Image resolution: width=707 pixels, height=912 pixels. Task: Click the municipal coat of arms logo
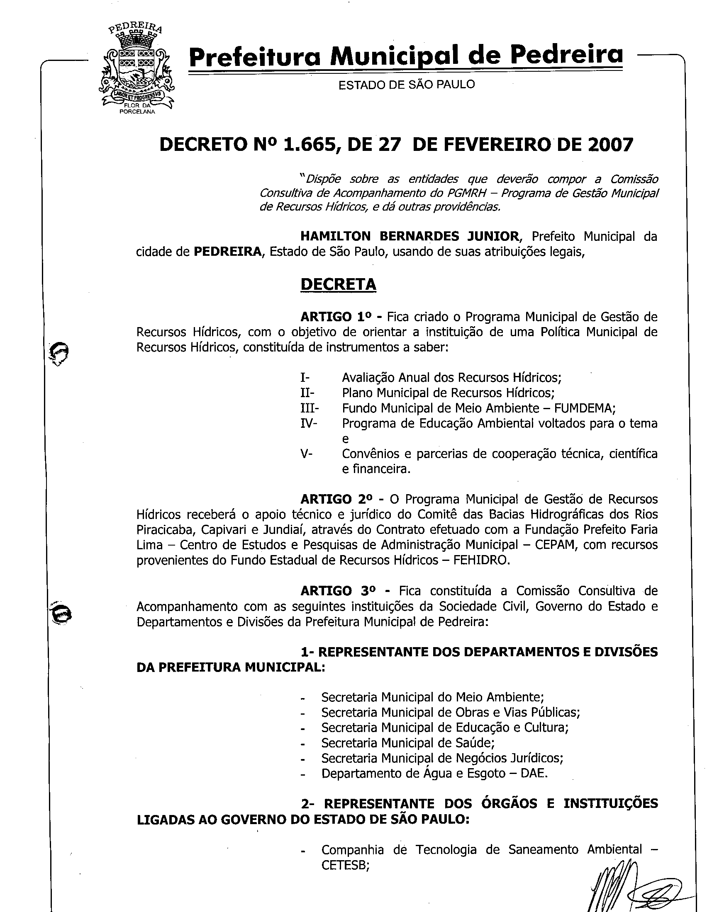[x=137, y=69]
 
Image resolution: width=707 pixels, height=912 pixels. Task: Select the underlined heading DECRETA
[x=338, y=284]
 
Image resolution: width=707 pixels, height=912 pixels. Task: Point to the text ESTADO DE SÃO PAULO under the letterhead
[x=406, y=85]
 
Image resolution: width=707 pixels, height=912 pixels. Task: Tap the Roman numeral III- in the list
[x=309, y=408]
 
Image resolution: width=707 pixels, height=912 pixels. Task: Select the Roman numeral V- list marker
[x=306, y=454]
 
